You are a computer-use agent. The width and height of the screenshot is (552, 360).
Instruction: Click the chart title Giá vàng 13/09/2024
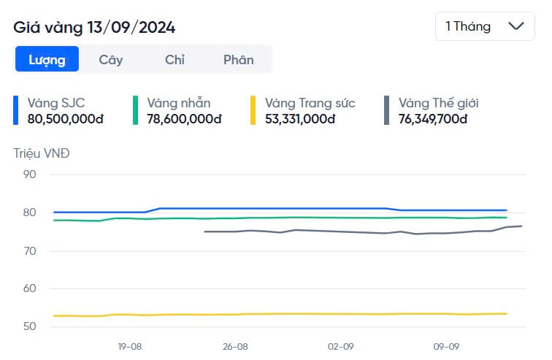[x=94, y=28]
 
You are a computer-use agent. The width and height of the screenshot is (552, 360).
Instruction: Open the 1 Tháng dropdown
[x=485, y=26]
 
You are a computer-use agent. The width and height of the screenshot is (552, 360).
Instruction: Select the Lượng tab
[x=47, y=60]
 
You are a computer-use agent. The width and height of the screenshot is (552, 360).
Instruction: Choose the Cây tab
[x=111, y=60]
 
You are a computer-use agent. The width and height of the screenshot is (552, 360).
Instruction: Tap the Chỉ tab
[x=175, y=60]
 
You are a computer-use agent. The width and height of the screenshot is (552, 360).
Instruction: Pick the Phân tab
[x=238, y=60]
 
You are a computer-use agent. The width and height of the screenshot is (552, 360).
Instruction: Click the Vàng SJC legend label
[x=56, y=103]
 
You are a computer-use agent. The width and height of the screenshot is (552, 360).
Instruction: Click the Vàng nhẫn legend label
[x=178, y=103]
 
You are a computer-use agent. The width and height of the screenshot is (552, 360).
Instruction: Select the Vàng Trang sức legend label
[x=310, y=103]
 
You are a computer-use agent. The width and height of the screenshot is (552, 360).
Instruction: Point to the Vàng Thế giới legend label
[x=438, y=103]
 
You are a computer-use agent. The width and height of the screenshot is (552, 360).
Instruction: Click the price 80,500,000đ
[x=65, y=118]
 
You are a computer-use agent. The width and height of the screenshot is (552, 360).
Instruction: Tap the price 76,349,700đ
[x=432, y=118]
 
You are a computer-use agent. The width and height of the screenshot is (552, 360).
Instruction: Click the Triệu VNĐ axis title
[x=42, y=153]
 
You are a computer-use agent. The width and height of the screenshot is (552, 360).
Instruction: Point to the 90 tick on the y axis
[x=29, y=175]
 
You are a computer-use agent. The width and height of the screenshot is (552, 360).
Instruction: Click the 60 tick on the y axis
[x=29, y=288]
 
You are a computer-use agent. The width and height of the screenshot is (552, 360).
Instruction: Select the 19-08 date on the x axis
[x=130, y=347]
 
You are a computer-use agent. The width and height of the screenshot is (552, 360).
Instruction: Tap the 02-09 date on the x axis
[x=341, y=347]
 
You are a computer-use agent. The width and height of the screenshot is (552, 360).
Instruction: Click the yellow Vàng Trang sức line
[x=292, y=314]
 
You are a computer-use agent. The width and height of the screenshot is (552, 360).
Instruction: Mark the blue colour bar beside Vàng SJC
[x=16, y=110]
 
